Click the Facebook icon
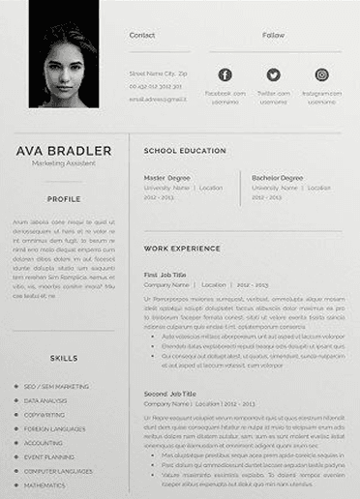pyautogui.click(x=225, y=75)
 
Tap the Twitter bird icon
pyautogui.click(x=273, y=75)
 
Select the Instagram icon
pyautogui.click(x=321, y=75)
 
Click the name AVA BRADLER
pyautogui.click(x=64, y=151)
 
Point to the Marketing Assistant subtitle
pyautogui.click(x=64, y=163)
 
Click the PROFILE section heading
pyautogui.click(x=64, y=199)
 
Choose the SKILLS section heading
pyautogui.click(x=64, y=358)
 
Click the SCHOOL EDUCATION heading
pyautogui.click(x=185, y=151)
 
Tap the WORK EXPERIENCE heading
pyautogui.click(x=182, y=249)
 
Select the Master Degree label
pyautogui.click(x=167, y=178)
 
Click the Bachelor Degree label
pyautogui.click(x=278, y=178)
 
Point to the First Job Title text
pyautogui.click(x=165, y=275)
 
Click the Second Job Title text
pyautogui.click(x=171, y=394)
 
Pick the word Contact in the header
pyautogui.click(x=142, y=35)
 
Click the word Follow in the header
pyautogui.click(x=273, y=35)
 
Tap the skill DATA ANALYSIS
pyautogui.click(x=46, y=400)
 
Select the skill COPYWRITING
pyautogui.click(x=45, y=415)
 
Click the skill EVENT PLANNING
pyautogui.click(x=49, y=456)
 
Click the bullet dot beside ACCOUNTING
pyautogui.click(x=15, y=443)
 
